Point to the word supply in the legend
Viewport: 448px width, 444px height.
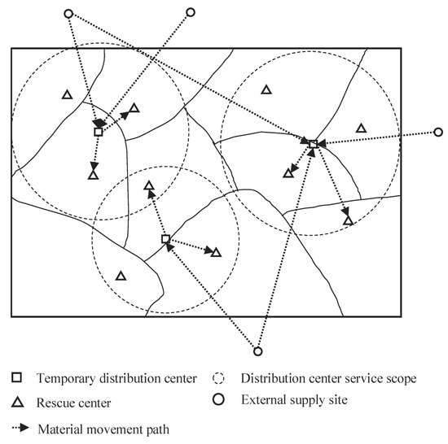point(314,401)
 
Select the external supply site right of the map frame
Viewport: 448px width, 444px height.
point(437,132)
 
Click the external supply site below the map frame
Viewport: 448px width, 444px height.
point(257,352)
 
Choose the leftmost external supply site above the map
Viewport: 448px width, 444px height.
point(68,13)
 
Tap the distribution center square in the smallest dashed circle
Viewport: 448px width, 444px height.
point(165,239)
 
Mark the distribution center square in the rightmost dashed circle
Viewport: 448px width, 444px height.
point(313,144)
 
